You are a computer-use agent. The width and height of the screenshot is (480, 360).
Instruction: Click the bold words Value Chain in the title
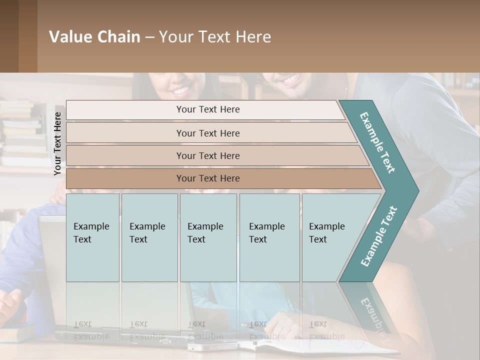click(x=94, y=37)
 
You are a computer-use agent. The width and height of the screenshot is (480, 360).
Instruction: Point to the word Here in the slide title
click(x=252, y=37)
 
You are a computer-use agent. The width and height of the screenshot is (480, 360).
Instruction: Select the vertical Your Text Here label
click(x=57, y=143)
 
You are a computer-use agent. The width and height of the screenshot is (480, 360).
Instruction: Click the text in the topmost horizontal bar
click(x=208, y=109)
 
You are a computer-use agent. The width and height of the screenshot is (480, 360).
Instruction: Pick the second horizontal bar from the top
click(x=208, y=133)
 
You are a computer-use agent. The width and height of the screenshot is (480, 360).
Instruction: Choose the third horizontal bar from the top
click(x=208, y=155)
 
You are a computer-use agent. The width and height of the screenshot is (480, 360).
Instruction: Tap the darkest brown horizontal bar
click(x=208, y=178)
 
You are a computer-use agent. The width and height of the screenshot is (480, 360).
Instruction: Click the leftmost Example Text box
click(x=92, y=237)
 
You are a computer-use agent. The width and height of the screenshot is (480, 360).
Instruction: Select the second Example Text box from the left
click(x=149, y=237)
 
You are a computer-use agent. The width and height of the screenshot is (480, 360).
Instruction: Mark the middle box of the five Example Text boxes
click(x=208, y=237)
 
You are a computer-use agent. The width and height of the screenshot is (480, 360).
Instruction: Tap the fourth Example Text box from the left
click(x=269, y=237)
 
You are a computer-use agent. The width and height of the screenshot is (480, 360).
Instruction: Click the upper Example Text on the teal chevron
click(x=377, y=142)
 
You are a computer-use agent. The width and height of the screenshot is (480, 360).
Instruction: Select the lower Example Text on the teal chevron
click(x=379, y=236)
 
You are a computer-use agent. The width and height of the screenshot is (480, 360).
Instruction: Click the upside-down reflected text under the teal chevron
click(x=372, y=315)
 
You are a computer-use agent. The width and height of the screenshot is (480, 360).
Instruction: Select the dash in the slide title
click(x=149, y=37)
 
